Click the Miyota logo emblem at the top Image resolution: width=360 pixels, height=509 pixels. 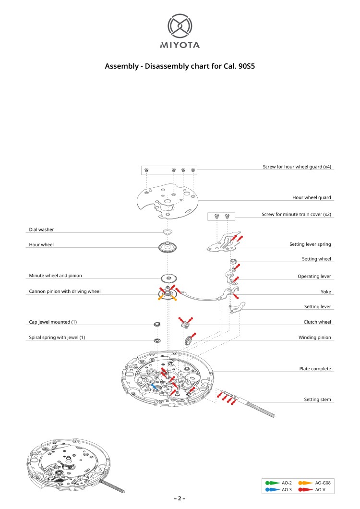click(x=180, y=26)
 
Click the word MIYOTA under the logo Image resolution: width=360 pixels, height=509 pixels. click(x=180, y=45)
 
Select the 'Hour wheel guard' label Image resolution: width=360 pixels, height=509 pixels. click(x=312, y=197)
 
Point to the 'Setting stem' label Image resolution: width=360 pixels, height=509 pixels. click(x=317, y=400)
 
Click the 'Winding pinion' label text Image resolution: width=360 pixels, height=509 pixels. click(x=314, y=337)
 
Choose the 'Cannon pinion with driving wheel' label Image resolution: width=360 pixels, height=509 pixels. click(x=65, y=291)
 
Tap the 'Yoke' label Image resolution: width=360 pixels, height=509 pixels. click(x=326, y=291)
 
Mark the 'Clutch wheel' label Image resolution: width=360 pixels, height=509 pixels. click(x=317, y=322)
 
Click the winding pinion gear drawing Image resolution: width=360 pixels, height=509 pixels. click(x=189, y=341)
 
